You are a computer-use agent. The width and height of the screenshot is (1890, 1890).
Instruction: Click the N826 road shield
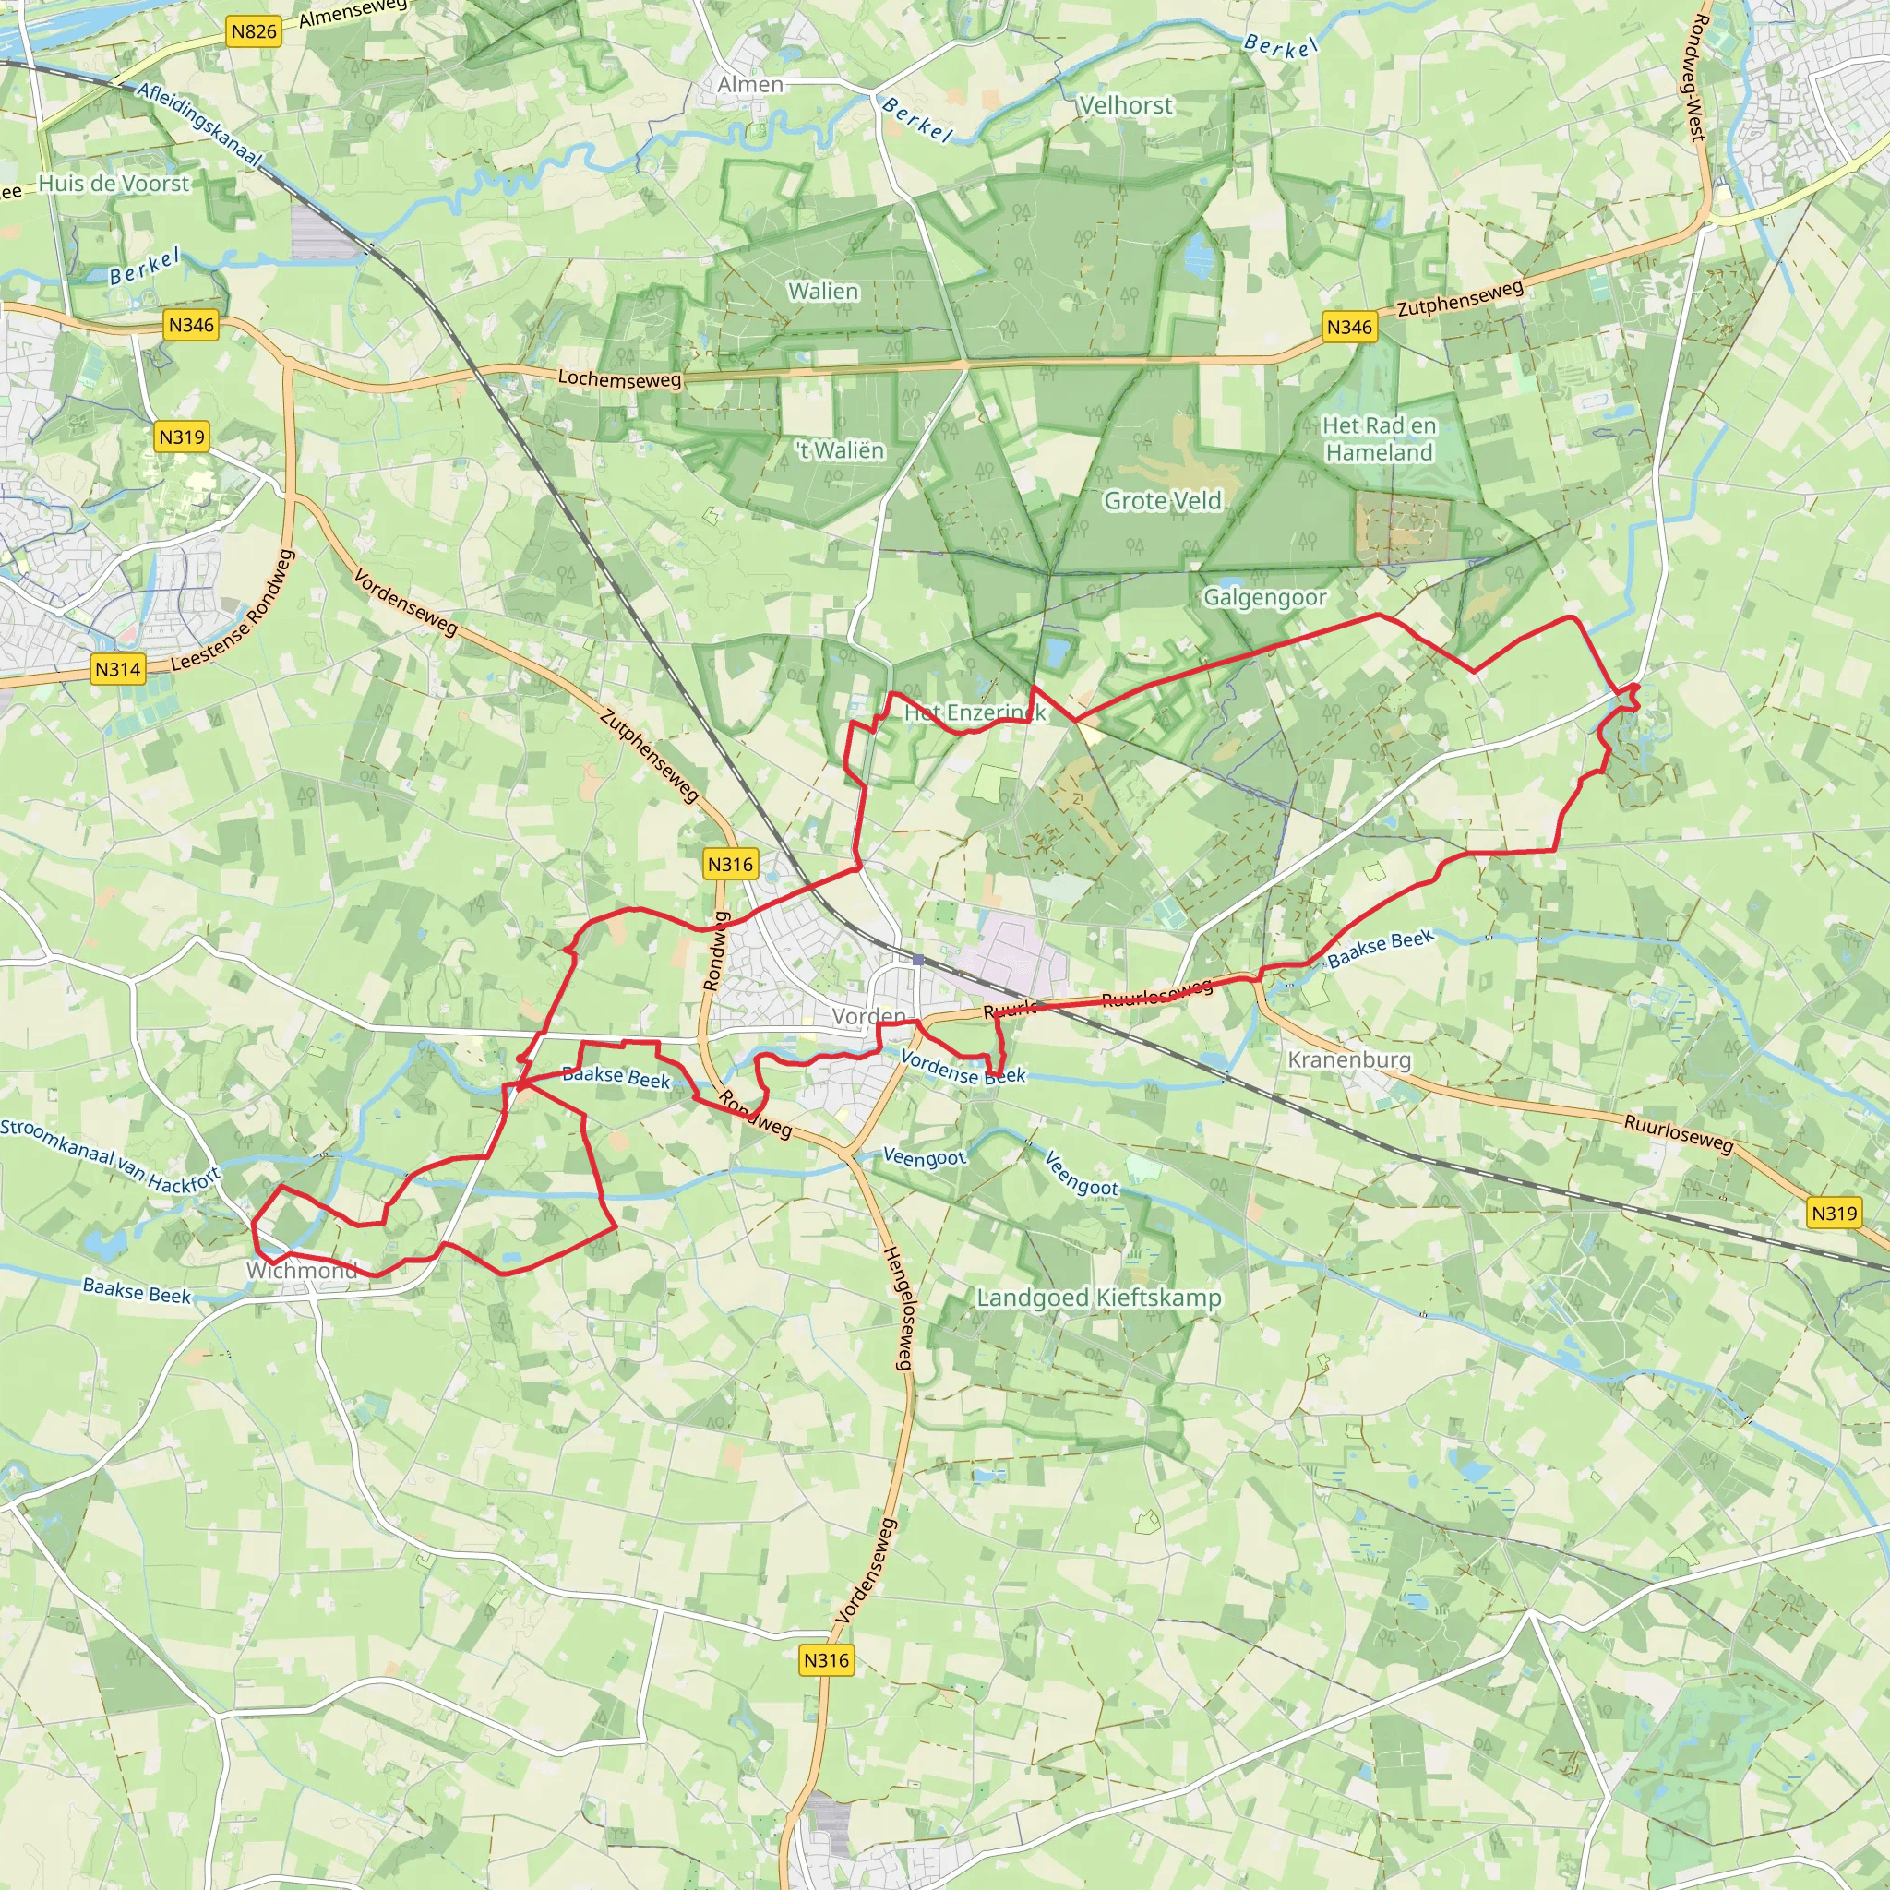(x=255, y=31)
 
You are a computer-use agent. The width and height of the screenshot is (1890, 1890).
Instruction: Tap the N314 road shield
(x=117, y=669)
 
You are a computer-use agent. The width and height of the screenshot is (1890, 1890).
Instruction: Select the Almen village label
(x=750, y=85)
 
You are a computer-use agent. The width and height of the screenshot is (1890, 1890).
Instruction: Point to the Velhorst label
(x=1125, y=104)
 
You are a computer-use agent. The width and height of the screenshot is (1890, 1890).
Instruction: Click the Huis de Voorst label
(x=114, y=184)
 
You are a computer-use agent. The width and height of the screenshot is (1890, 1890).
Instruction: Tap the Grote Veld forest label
(x=1163, y=501)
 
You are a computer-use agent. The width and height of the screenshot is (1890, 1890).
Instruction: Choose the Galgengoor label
(x=1265, y=597)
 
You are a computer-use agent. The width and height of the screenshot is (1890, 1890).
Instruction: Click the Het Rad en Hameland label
(x=1380, y=438)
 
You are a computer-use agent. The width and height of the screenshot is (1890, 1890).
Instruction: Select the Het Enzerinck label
(x=975, y=712)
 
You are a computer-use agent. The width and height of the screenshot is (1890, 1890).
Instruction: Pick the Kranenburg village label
(x=1349, y=1059)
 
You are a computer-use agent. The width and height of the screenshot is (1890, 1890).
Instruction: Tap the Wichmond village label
(x=301, y=1271)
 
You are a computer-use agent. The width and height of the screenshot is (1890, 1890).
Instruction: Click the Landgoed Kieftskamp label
(x=1099, y=1298)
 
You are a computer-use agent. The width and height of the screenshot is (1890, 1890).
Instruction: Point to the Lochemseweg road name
(x=619, y=378)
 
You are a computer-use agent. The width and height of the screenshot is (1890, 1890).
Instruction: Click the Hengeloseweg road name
(x=898, y=1308)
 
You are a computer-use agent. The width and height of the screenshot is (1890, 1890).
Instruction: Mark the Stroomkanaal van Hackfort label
(x=110, y=1155)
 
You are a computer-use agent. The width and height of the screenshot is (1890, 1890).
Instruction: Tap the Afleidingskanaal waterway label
(x=199, y=125)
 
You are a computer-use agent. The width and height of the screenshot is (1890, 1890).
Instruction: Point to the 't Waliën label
(x=841, y=450)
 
